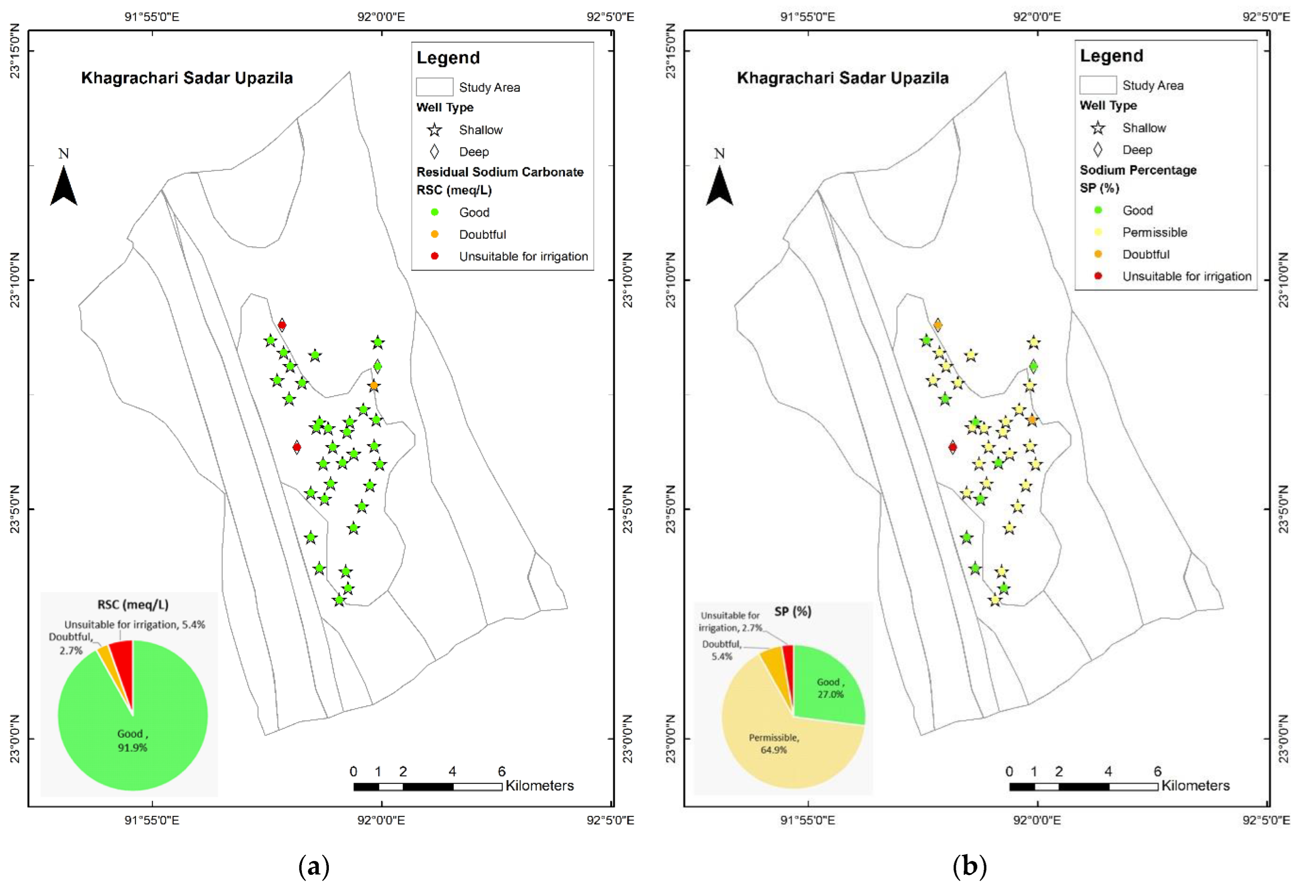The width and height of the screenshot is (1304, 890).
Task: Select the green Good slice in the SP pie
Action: tap(828, 687)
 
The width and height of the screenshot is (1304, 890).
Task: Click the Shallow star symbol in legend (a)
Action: tap(434, 130)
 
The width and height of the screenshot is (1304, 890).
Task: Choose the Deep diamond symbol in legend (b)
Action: tap(1097, 150)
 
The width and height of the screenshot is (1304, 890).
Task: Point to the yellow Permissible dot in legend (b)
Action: tap(1097, 232)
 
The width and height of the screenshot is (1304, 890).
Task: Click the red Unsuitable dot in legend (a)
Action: tap(434, 256)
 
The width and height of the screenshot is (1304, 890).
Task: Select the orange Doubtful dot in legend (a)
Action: tap(434, 234)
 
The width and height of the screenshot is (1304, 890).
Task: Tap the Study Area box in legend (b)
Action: tap(1097, 85)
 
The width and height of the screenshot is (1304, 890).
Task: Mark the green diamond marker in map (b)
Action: tap(1033, 367)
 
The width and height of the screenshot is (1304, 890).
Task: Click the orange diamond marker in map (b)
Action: tap(937, 325)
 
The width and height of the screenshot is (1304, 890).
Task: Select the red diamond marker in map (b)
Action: tap(952, 447)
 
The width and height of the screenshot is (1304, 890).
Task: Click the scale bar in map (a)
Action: tap(427, 786)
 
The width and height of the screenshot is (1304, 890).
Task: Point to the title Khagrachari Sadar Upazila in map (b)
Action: tap(842, 78)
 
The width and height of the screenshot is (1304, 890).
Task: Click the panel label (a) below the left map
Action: tap(314, 866)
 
